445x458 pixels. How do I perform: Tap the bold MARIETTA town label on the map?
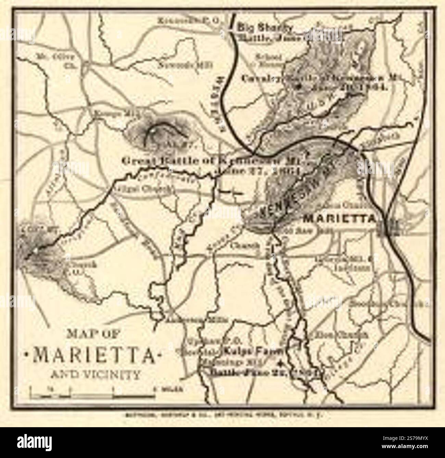(340, 218)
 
